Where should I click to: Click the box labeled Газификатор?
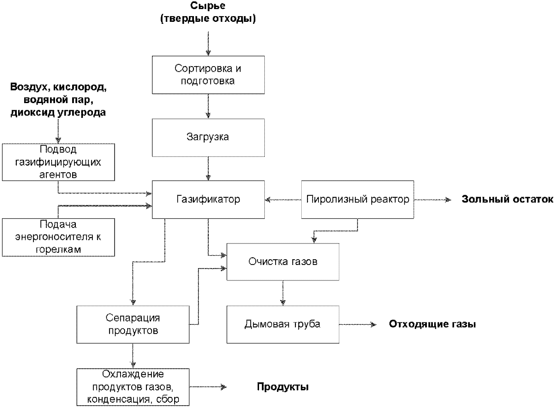click(x=208, y=199)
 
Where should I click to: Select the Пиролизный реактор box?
click(x=358, y=199)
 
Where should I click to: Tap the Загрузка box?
click(x=208, y=138)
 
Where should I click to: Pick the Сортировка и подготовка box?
click(x=208, y=75)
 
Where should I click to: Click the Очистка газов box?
click(x=283, y=262)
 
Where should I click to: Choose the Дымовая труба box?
click(x=283, y=324)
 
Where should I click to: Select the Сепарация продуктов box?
click(x=133, y=324)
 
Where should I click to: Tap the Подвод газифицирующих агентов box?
click(x=58, y=162)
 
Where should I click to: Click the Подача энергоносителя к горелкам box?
click(x=58, y=237)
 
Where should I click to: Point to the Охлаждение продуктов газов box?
click(x=133, y=387)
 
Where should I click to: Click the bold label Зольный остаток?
click(x=507, y=199)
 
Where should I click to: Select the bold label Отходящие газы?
click(x=432, y=324)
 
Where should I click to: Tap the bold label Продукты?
click(x=283, y=387)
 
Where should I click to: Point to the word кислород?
click(x=80, y=87)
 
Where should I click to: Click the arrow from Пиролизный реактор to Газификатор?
click(x=283, y=200)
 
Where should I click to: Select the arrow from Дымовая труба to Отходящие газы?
click(x=358, y=324)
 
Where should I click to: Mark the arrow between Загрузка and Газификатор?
click(x=208, y=169)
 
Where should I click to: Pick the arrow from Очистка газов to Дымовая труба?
click(x=283, y=293)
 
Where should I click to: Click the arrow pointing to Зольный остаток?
click(x=433, y=200)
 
